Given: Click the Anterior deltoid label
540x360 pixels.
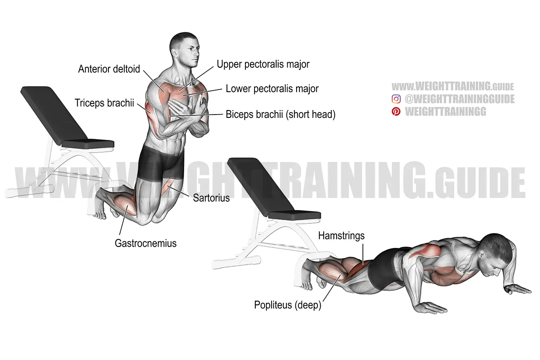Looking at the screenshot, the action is pyautogui.click(x=109, y=69).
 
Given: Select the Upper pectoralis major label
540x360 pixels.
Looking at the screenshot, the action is pyautogui.click(x=263, y=64).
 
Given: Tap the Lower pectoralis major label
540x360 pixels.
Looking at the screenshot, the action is pyautogui.click(x=272, y=89).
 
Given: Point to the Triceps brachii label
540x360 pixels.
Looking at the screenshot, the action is pyautogui.click(x=104, y=103).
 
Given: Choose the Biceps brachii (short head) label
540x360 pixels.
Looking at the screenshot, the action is pyautogui.click(x=281, y=115).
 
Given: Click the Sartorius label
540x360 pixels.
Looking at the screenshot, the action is pyautogui.click(x=211, y=198).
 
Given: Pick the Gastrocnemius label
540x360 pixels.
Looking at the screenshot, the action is pyautogui.click(x=146, y=243).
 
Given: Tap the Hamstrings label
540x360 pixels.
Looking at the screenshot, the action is pyautogui.click(x=341, y=236).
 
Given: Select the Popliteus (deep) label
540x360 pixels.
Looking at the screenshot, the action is pyautogui.click(x=288, y=305).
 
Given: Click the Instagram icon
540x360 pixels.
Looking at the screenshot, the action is pyautogui.click(x=396, y=99).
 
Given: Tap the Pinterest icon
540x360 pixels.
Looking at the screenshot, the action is pyautogui.click(x=396, y=112).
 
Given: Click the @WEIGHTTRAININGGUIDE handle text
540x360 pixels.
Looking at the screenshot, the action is pyautogui.click(x=459, y=99).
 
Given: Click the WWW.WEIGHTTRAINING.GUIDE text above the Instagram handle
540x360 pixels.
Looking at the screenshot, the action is pyautogui.click(x=452, y=86).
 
